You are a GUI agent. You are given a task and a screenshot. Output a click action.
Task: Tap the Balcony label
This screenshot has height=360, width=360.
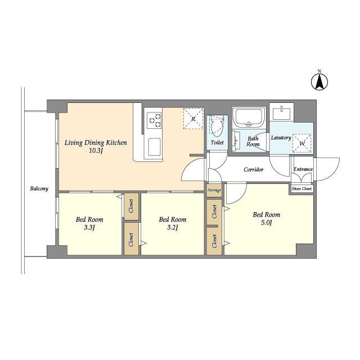point(39,189)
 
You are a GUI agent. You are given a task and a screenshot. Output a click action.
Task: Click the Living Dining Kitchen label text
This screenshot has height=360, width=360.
point(96,143)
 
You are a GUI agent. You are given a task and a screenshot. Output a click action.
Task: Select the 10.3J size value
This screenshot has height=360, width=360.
point(95,151)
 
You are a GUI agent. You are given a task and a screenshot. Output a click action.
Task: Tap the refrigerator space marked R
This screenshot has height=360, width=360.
point(193,119)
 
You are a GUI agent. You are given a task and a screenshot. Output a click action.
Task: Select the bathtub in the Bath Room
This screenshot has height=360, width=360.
point(249,118)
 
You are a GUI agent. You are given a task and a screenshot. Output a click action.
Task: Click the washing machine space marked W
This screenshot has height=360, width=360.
point(302,143)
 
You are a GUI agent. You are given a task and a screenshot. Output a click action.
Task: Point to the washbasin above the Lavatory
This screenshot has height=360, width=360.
point(281,112)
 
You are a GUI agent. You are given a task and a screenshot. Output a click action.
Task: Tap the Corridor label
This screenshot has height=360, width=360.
point(254,170)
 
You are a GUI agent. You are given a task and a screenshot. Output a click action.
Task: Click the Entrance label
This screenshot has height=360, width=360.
point(303,169)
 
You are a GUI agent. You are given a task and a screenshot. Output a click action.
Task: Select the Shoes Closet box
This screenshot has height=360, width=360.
point(301,188)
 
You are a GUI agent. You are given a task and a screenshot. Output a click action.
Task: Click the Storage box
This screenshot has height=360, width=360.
point(214,190)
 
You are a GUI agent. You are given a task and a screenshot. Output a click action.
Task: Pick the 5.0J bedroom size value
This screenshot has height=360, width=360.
point(266,223)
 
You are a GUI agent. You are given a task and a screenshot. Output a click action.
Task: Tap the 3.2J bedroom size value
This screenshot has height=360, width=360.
point(173,228)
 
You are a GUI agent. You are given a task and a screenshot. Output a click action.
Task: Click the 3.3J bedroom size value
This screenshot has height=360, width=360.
point(89,228)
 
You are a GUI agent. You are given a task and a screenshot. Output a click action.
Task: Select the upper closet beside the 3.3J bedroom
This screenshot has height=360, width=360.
point(131,206)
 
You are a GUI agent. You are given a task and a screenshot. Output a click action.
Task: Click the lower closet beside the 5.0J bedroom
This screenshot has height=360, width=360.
point(214,241)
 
